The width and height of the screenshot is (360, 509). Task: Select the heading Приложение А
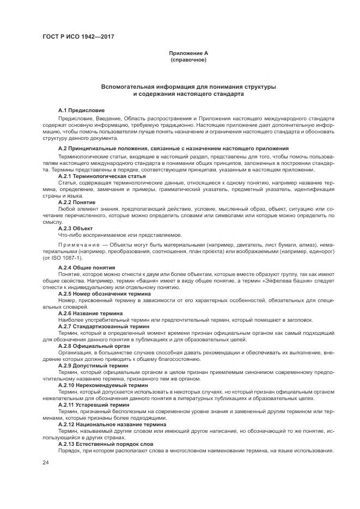pyautogui.click(x=188, y=53)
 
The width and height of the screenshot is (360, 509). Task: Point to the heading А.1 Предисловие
pyautogui.click(x=81, y=110)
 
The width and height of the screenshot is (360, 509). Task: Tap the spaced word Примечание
pyautogui.click(x=82, y=244)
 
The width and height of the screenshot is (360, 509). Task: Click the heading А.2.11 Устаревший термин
pyautogui.click(x=94, y=404)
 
